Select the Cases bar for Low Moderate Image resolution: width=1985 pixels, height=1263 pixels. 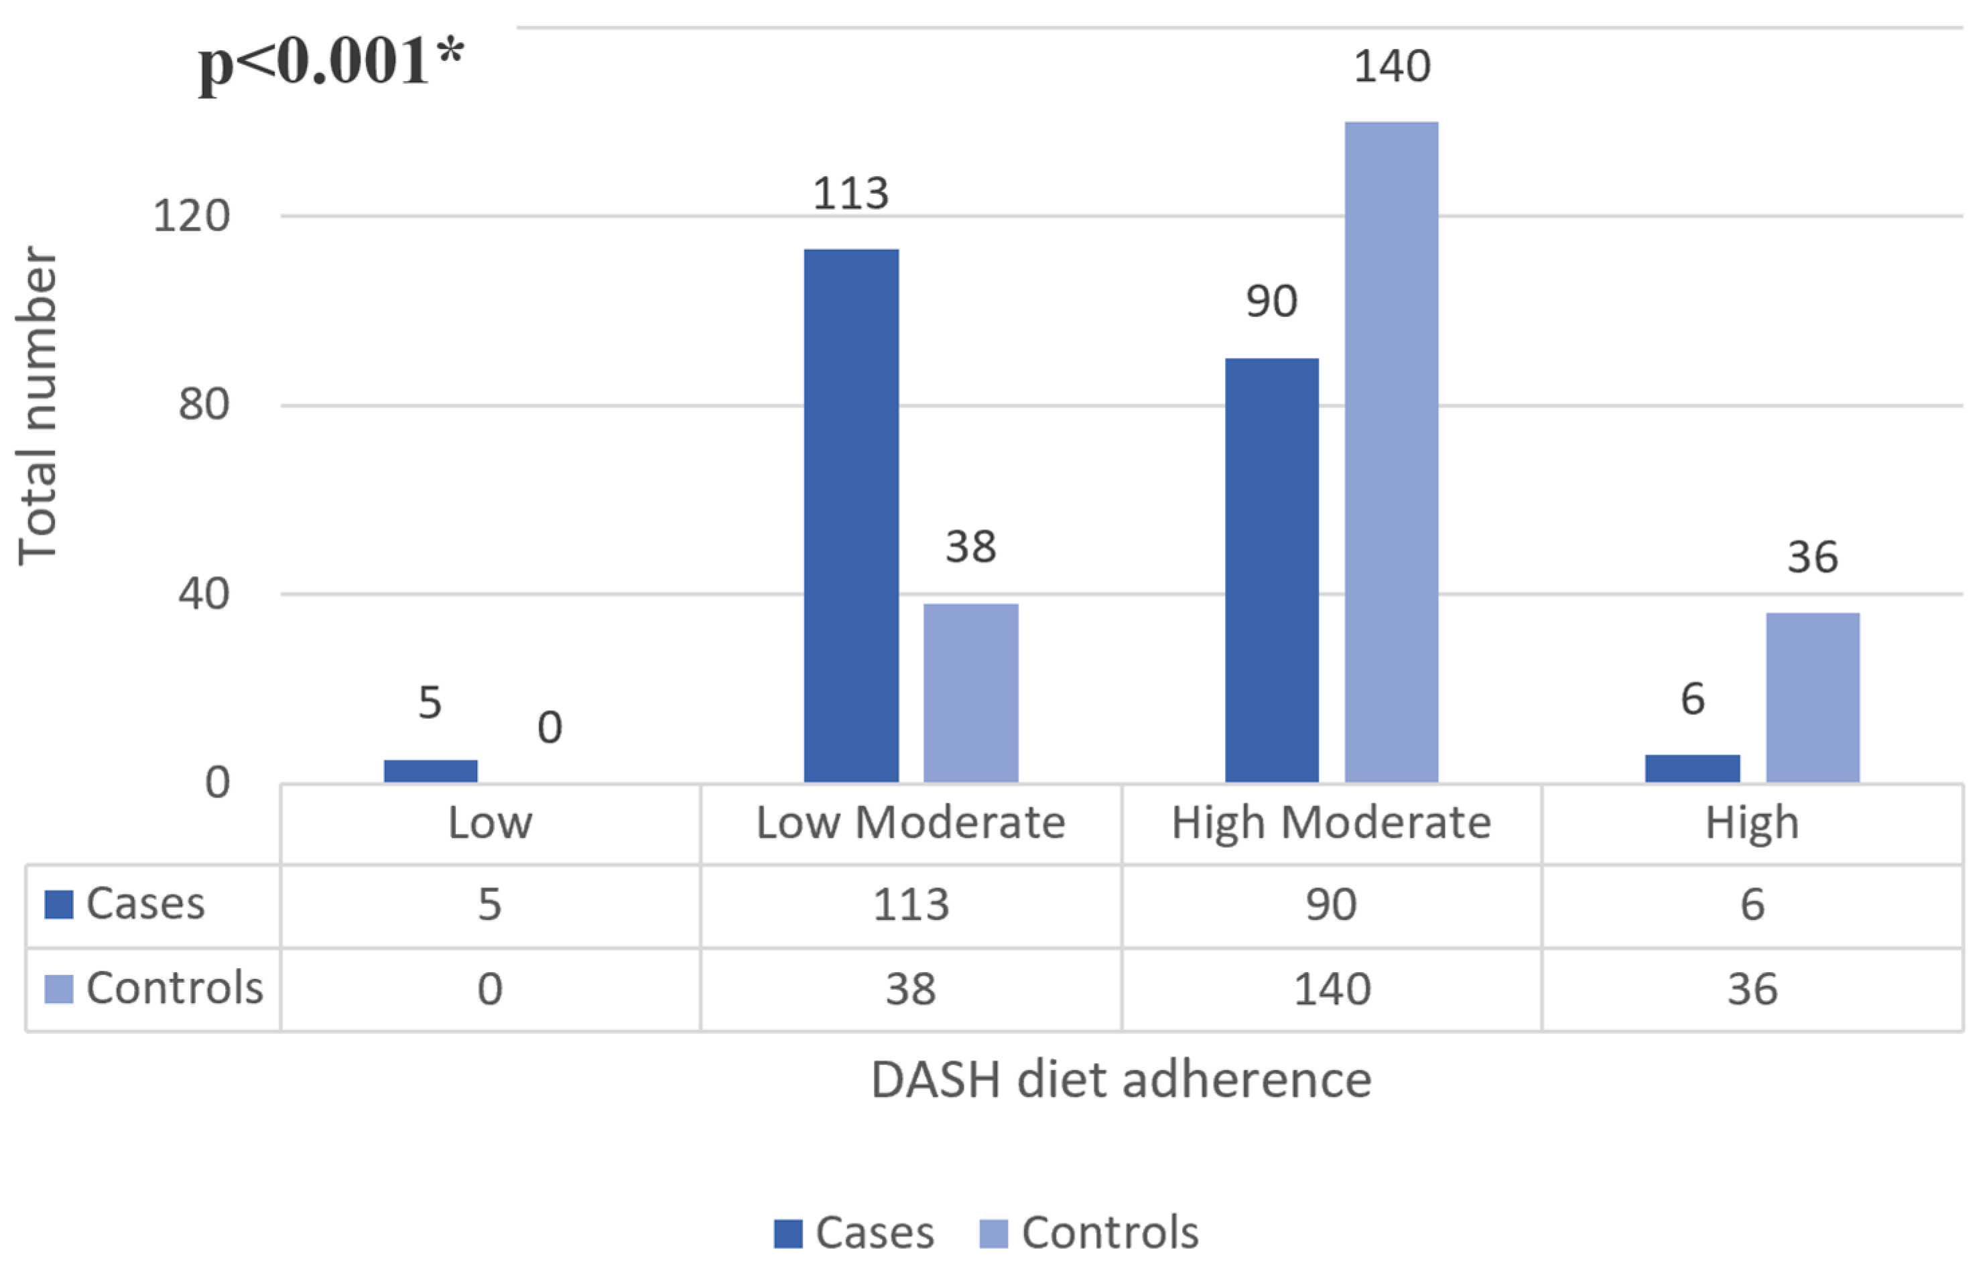point(850,515)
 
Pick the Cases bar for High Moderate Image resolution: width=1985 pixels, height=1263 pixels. point(1271,570)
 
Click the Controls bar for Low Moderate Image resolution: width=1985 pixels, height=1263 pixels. point(970,693)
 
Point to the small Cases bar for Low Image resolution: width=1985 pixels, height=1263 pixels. point(430,770)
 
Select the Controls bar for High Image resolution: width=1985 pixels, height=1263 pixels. point(1813,697)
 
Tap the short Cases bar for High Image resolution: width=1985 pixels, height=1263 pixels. point(1692,768)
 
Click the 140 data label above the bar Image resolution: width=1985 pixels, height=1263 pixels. point(1391,66)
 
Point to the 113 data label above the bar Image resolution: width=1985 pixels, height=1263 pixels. point(850,194)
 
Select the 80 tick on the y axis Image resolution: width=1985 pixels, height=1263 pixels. point(204,405)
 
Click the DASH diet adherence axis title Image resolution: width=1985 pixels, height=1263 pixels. point(1121,1080)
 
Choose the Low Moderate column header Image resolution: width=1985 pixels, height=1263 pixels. point(910,823)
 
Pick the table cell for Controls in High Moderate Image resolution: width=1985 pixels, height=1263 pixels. point(1332,988)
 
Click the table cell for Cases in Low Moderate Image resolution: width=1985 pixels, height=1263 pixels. point(910,905)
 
